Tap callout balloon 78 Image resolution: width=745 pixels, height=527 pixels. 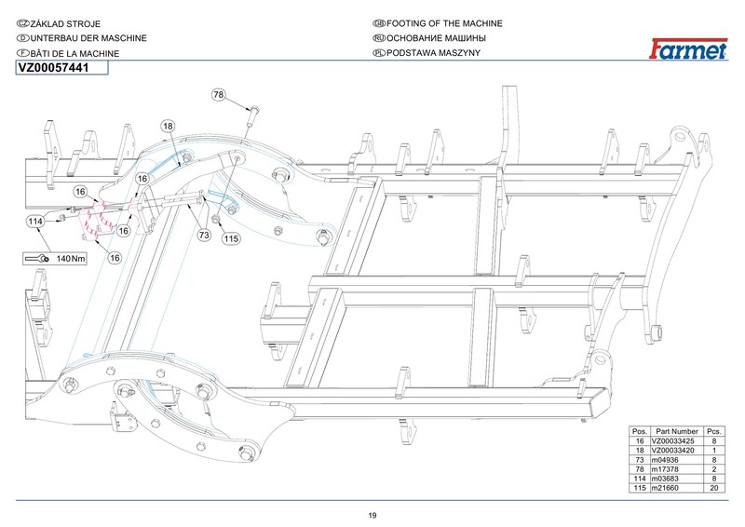pos(219,95)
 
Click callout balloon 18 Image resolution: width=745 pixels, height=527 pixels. pos(168,125)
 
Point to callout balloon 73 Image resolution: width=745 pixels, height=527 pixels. pos(204,236)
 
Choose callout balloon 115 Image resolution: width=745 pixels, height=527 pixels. pos(231,238)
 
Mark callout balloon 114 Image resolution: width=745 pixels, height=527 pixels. pos(35,222)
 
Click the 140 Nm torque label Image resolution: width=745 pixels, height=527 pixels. pos(72,258)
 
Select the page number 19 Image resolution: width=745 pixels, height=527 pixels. pos(372,516)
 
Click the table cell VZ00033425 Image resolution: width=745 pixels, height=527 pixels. pos(675,441)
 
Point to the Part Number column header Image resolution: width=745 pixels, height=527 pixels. pos(676,432)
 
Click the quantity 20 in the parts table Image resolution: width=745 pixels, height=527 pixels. pos(714,488)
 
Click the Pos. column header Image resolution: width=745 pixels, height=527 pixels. pos(640,432)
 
